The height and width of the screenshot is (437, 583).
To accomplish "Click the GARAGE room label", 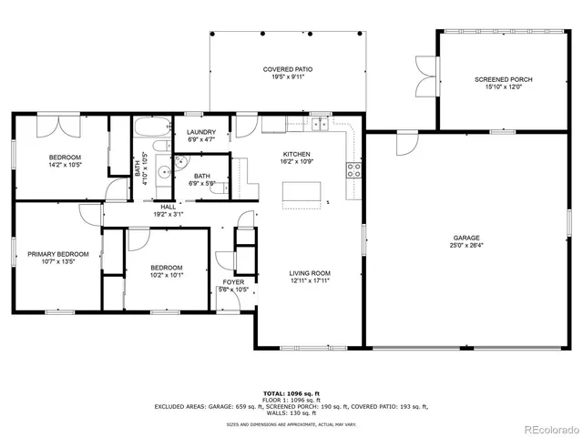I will point(465,237).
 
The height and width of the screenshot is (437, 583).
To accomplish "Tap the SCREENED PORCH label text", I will point(503,80).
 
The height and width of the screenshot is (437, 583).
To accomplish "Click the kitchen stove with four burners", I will point(354,168).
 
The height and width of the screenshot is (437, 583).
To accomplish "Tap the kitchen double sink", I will point(319,124).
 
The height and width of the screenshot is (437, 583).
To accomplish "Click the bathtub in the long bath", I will point(151,127).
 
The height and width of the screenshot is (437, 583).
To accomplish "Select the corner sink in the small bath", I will point(179,161).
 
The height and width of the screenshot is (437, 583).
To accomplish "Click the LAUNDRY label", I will point(200,132).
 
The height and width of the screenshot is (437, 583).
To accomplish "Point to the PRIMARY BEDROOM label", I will point(57,254).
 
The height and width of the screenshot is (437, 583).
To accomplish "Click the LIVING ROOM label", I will point(310,273).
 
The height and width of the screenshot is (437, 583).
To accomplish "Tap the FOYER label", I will point(234,282).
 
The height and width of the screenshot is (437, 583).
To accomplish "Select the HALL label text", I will point(169,207).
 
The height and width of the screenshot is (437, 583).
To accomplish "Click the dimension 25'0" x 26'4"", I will point(465,245).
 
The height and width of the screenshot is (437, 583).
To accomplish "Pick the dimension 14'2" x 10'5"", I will point(65,166).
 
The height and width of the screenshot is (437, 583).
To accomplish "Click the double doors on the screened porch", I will point(424,79).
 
